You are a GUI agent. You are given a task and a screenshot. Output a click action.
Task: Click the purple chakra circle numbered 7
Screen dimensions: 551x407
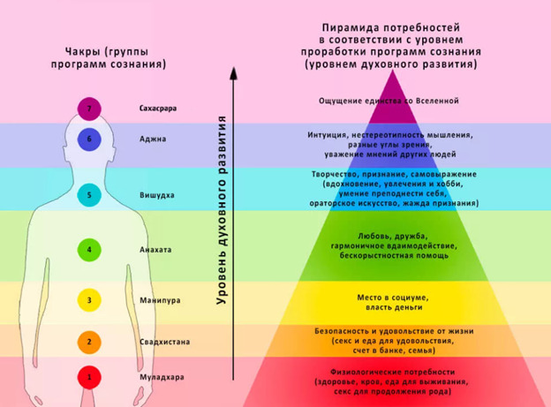(x=89, y=109)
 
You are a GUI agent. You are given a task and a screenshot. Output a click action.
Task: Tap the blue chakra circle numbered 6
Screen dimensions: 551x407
(x=89, y=139)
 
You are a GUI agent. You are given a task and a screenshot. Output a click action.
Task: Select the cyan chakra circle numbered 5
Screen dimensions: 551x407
(x=89, y=195)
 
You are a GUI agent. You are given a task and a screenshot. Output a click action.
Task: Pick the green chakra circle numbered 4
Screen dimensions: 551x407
(x=89, y=250)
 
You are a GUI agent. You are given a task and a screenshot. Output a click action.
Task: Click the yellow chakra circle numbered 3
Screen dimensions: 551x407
(x=89, y=300)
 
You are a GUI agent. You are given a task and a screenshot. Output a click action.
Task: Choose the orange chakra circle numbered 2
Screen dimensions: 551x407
(x=89, y=342)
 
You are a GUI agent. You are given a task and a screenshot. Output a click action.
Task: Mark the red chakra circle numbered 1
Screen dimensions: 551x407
(x=89, y=377)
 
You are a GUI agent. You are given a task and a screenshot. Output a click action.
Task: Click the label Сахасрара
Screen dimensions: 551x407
(x=158, y=109)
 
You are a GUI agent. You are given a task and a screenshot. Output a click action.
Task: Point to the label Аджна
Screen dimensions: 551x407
(x=153, y=139)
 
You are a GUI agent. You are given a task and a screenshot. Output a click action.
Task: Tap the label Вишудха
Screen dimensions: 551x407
(x=156, y=195)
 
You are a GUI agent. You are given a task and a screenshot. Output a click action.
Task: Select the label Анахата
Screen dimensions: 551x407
(x=155, y=250)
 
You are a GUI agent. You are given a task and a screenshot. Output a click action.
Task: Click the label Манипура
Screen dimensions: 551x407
(x=160, y=300)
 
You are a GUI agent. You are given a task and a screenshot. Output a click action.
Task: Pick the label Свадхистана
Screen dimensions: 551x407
(x=164, y=342)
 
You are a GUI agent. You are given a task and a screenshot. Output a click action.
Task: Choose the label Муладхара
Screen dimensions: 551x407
(x=162, y=378)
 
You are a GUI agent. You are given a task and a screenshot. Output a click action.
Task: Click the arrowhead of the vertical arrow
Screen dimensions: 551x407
(x=233, y=73)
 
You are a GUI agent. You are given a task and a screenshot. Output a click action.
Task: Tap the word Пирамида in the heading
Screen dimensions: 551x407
(x=350, y=27)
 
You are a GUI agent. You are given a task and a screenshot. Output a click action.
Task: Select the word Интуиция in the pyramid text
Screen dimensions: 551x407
(x=328, y=135)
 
